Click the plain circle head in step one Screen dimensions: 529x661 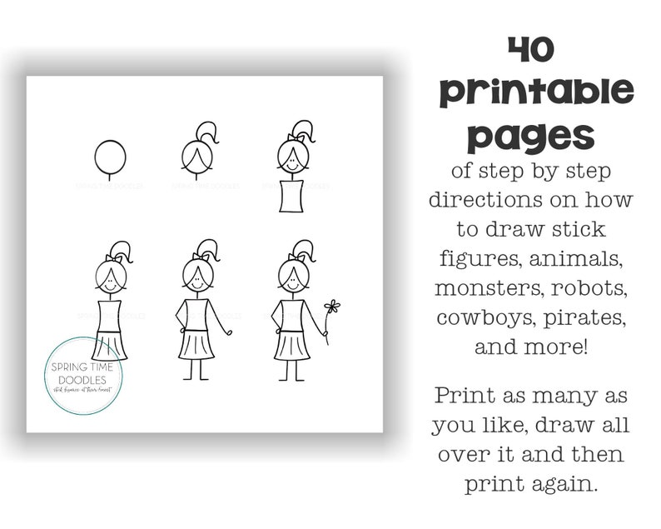coord(110,156)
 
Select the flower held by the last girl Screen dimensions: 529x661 coord(333,307)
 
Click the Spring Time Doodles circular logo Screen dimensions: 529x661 coord(84,376)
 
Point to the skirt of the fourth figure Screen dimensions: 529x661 coord(109,344)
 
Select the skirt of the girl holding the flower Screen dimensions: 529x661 coord(291,343)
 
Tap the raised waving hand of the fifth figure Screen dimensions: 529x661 coord(229,332)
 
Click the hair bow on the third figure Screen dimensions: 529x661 coord(292,138)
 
